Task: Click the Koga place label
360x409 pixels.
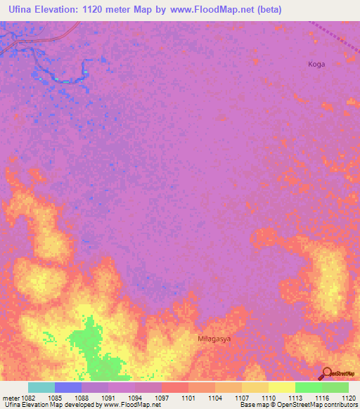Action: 316,64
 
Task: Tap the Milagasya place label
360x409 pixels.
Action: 214,338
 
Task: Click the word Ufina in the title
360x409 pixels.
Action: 20,9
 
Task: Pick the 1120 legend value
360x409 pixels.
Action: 349,398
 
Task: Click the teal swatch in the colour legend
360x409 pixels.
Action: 41,387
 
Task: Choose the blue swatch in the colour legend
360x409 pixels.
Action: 68,387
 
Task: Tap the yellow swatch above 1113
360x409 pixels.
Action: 281,387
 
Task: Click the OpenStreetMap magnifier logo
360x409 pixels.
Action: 326,373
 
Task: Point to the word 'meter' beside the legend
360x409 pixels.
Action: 10,398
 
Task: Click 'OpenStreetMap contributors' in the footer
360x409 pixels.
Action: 324,405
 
